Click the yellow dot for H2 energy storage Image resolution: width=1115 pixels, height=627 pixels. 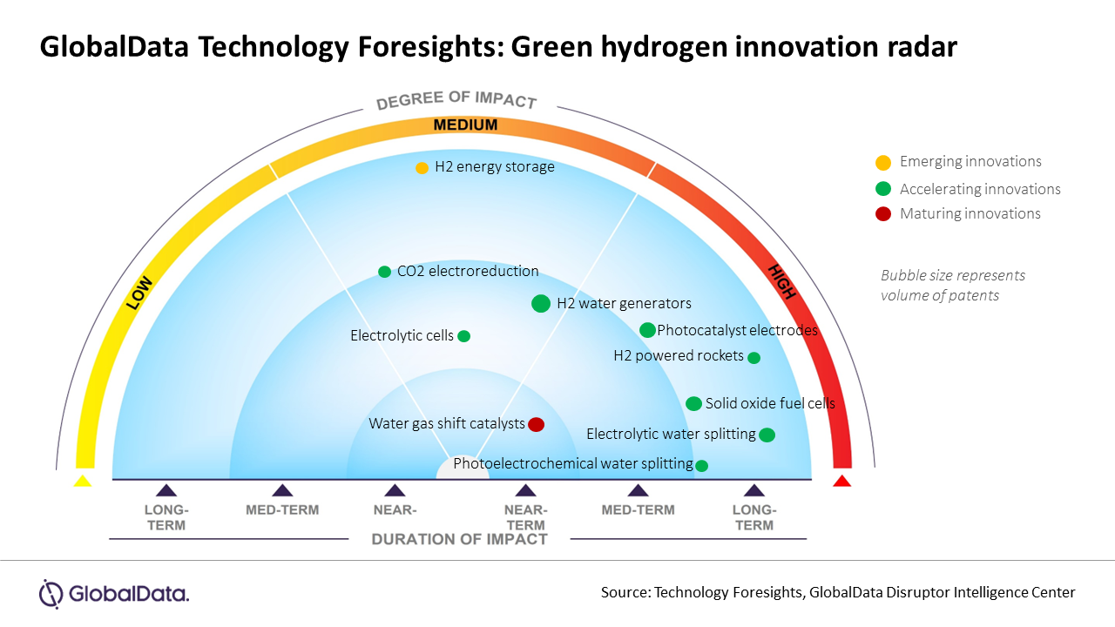(422, 167)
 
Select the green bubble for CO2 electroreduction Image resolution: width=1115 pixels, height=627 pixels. (384, 272)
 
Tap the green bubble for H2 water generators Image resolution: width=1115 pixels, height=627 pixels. (540, 303)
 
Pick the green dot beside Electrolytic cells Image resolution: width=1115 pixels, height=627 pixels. (463, 336)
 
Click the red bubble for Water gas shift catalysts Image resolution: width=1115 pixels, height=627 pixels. (537, 424)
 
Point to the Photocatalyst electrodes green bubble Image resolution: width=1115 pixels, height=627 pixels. (647, 330)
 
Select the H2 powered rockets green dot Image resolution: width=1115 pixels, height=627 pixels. (754, 357)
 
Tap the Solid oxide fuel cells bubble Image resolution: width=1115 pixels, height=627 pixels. (693, 403)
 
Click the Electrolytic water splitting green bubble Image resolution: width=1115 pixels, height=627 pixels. (767, 435)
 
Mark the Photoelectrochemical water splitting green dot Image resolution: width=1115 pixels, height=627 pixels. (701, 465)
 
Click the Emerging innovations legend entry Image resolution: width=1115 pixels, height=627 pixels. (970, 161)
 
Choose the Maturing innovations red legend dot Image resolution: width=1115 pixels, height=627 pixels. (883, 214)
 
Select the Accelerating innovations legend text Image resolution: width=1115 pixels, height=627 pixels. (980, 189)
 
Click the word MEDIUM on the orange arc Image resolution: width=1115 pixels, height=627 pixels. (466, 125)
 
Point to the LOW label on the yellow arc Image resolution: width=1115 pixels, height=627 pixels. (139, 293)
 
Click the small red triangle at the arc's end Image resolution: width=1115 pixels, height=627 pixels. (841, 481)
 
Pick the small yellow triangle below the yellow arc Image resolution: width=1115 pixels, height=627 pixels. (82, 481)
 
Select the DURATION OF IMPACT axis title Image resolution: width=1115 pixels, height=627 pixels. (459, 539)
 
